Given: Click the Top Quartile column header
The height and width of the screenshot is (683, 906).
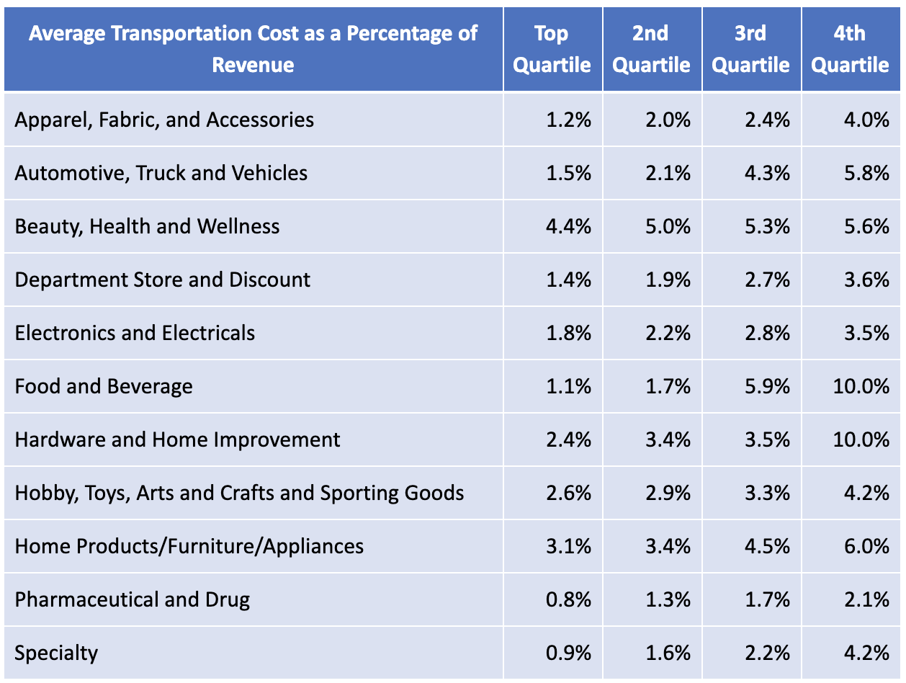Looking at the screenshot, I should coord(552,49).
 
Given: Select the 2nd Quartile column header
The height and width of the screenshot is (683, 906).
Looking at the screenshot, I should coord(651,49).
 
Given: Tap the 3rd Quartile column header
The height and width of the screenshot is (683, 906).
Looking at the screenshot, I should coord(750,49).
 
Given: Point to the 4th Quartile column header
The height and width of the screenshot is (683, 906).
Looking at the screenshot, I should coord(850,49).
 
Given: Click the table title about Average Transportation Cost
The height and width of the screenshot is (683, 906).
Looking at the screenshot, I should coord(253,49).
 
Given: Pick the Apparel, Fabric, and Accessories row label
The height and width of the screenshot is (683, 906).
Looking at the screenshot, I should coord(164,120).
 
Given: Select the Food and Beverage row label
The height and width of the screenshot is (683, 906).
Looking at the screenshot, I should coord(104,386).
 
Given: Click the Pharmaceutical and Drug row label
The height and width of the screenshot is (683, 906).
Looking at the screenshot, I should coord(133,599).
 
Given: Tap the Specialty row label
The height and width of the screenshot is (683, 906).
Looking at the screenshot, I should coord(56,653).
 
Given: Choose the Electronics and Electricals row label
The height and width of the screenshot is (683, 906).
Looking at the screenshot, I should coord(135,333).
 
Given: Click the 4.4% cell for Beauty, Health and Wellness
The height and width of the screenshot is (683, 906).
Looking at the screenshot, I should coord(569,226).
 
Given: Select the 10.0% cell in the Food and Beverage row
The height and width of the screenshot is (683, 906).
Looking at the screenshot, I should coord(861,386).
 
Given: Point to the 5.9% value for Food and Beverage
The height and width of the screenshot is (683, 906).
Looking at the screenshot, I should coord(768,386).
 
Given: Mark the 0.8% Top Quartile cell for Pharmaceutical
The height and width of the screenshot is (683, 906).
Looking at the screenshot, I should coord(569,599).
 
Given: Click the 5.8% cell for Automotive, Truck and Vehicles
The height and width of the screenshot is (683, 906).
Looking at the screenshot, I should coord(867,173).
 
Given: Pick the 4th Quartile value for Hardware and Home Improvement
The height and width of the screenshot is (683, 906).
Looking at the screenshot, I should coord(861,439).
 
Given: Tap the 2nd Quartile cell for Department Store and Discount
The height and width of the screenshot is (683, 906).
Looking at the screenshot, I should coord(668,280).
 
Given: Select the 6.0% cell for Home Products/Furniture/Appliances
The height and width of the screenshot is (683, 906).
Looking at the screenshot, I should coord(867,546).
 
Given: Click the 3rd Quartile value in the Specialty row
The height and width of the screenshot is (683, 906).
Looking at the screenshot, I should coord(768,653).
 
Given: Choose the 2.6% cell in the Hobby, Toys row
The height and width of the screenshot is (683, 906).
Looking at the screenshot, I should coord(569,493).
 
